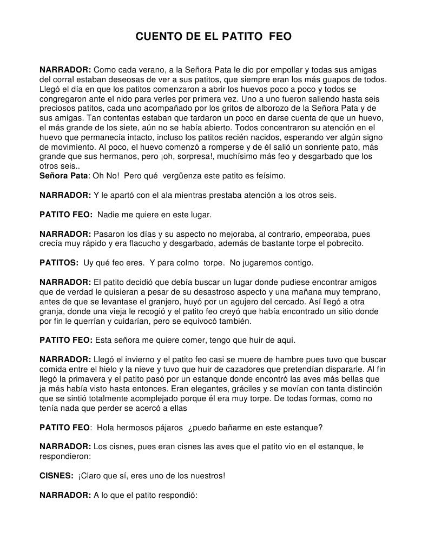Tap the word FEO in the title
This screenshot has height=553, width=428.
click(280, 37)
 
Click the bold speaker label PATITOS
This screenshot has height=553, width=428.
click(59, 263)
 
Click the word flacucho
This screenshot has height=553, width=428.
click(142, 243)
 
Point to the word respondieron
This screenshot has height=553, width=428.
click(64, 456)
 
